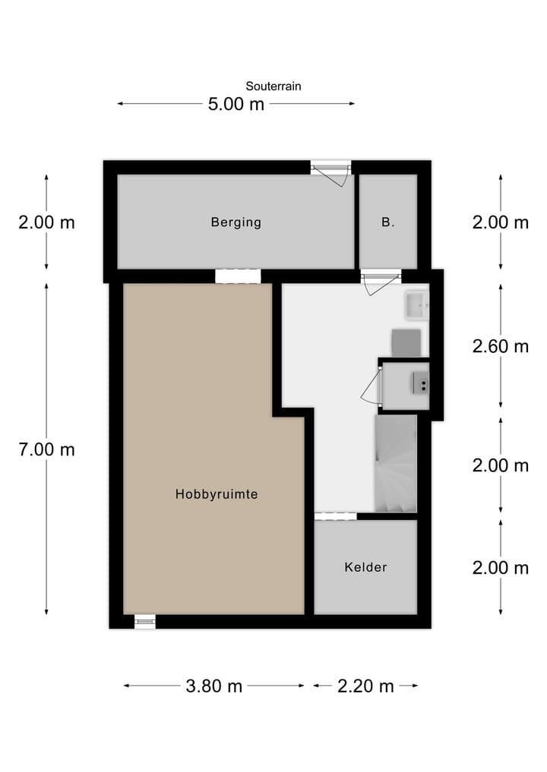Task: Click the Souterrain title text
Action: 273,87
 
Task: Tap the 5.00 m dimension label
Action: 236,104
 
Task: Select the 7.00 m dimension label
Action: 46,449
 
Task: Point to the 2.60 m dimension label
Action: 500,346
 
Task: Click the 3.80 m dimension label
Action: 213,686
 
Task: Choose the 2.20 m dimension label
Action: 365,686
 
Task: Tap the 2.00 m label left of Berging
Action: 46,222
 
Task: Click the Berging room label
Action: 236,222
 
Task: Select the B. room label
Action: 387,222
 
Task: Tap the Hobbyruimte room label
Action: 217,494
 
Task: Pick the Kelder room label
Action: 365,567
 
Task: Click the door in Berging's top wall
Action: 332,172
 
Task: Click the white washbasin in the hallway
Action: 416,305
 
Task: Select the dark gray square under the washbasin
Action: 406,342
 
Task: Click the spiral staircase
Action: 395,463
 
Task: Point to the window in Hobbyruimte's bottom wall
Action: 144,622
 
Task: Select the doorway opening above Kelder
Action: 335,516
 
